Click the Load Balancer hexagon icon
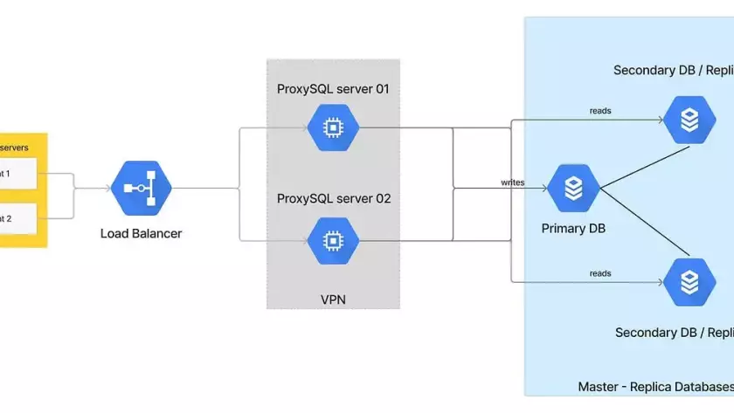(x=142, y=188)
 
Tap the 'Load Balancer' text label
(x=141, y=233)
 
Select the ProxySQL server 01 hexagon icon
(x=332, y=128)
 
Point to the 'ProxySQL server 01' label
(x=332, y=88)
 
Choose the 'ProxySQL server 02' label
(x=333, y=198)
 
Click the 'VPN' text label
(x=333, y=299)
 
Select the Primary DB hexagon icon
(x=573, y=188)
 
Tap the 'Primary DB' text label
(x=573, y=229)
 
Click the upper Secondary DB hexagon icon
(x=689, y=120)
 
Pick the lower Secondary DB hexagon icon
(x=689, y=281)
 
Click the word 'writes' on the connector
(x=512, y=182)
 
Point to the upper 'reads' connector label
(x=600, y=111)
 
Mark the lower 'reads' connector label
(x=600, y=273)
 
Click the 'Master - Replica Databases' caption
(x=655, y=386)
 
